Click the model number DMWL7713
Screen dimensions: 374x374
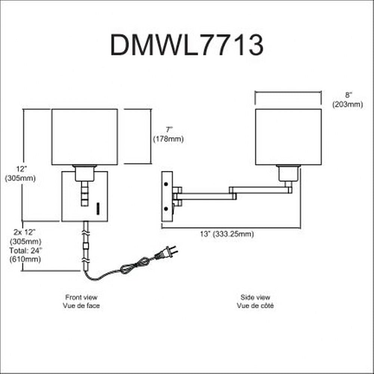pyautogui.click(x=187, y=46)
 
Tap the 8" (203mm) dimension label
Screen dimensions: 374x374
pyautogui.click(x=347, y=101)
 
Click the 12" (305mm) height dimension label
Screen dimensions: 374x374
pyautogui.click(x=20, y=174)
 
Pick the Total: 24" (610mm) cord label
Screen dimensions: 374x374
pyautogui.click(x=26, y=254)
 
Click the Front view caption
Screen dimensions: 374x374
pyautogui.click(x=81, y=298)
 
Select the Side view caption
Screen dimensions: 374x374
pyautogui.click(x=255, y=298)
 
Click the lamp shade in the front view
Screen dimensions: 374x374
pyautogui.click(x=85, y=137)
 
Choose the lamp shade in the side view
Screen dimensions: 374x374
pyautogui.click(x=288, y=137)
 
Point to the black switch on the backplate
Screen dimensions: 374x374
pyautogui.click(x=98, y=208)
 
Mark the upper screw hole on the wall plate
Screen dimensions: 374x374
pyautogui.click(x=167, y=184)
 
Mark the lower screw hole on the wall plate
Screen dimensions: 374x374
pyautogui.click(x=167, y=209)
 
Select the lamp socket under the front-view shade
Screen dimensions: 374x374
pyautogui.click(x=85, y=173)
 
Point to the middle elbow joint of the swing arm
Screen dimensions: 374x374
pyautogui.click(x=232, y=191)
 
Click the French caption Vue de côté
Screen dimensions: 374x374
pyautogui.click(x=255, y=306)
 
